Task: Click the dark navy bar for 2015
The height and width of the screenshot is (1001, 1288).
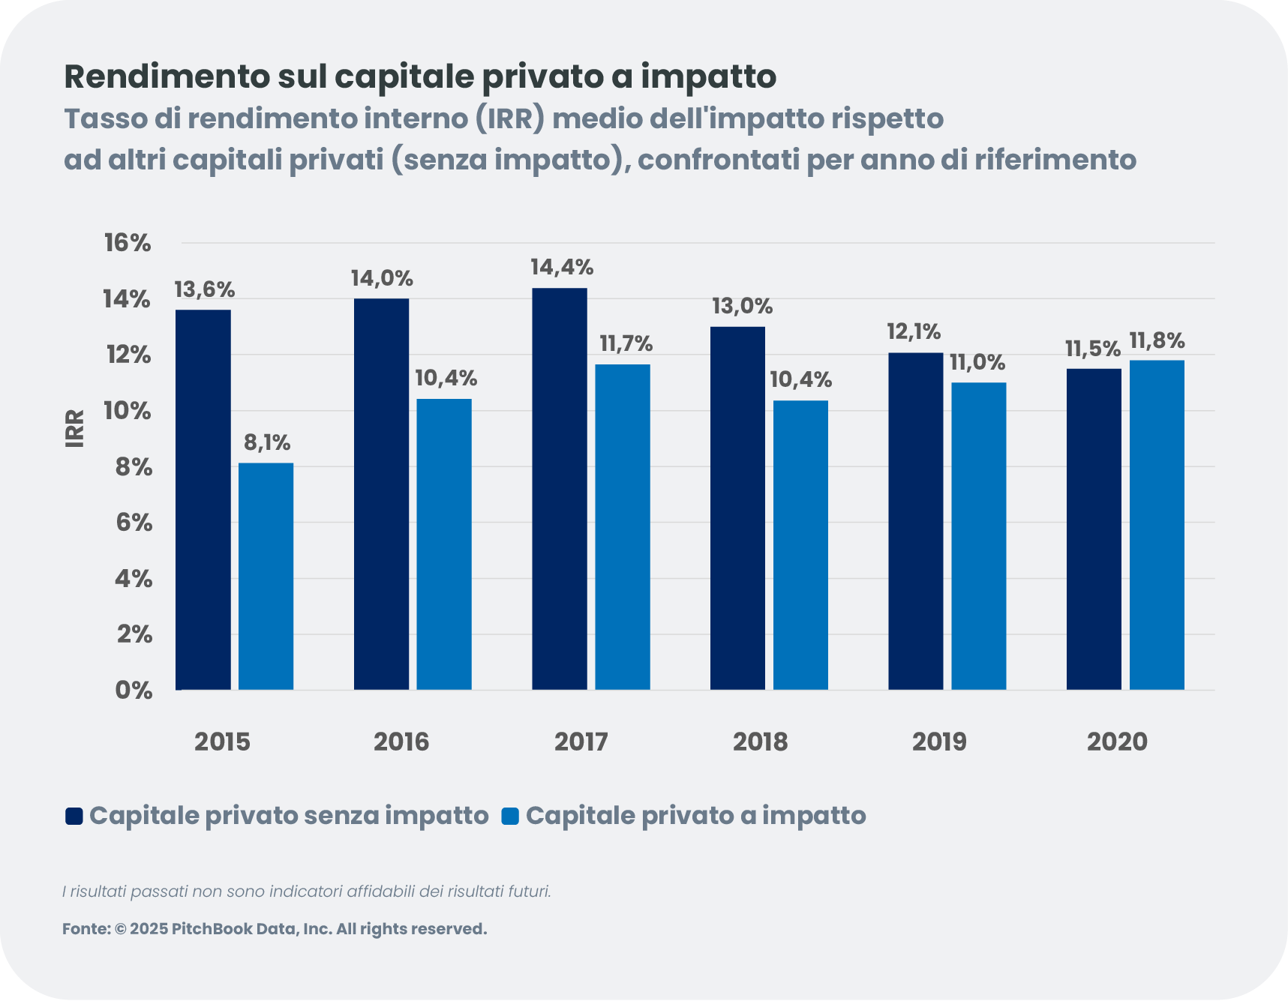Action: point(203,499)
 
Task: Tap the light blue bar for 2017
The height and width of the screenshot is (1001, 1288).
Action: point(623,526)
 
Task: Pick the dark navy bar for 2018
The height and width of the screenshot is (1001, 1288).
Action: point(737,508)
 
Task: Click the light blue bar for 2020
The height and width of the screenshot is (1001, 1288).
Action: point(1157,525)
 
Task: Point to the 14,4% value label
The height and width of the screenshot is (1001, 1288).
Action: point(562,268)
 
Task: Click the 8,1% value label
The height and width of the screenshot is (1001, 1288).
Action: point(267,443)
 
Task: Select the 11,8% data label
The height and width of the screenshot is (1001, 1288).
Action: point(1157,342)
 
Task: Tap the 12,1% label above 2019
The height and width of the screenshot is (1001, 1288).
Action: point(914,331)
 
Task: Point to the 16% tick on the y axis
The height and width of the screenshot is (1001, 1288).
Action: point(128,243)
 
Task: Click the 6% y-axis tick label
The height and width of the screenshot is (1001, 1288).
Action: point(134,523)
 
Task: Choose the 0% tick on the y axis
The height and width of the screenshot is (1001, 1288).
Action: point(134,691)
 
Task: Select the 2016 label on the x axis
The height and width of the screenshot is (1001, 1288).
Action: point(401,742)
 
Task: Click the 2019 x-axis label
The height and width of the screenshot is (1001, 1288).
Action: point(939,742)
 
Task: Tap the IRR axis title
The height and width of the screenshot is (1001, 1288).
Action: point(75,429)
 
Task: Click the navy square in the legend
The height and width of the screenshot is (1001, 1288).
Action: point(74,817)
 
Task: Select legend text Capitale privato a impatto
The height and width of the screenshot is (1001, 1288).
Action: point(695,816)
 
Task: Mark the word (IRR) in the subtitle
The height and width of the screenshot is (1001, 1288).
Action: point(509,119)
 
